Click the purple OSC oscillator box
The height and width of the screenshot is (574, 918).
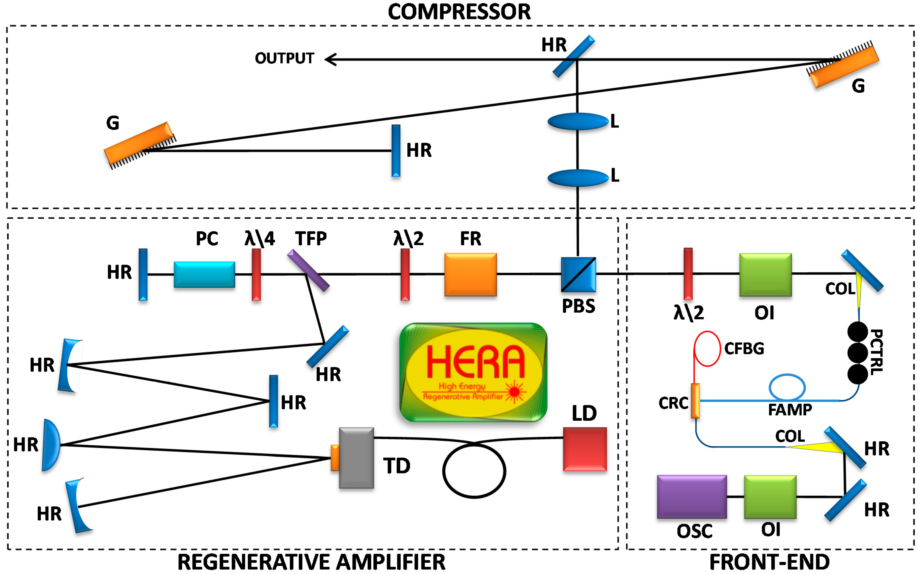point(692,496)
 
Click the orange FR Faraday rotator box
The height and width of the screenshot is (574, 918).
point(470,274)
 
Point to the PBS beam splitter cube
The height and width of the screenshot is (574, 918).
point(578,274)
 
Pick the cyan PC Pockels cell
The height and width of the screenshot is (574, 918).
point(204,274)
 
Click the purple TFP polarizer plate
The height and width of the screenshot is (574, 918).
point(308,270)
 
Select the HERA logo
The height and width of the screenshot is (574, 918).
point(473,372)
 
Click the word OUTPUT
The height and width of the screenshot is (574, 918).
point(284,59)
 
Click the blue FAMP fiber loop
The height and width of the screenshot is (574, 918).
point(787,387)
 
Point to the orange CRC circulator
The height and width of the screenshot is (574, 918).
point(695,401)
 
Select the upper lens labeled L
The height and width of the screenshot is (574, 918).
point(577,122)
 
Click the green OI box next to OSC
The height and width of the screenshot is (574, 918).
point(770,496)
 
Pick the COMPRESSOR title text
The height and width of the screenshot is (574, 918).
point(459,12)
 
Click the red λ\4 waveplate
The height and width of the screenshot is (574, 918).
point(257,274)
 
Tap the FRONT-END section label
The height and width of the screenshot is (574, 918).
point(769,562)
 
